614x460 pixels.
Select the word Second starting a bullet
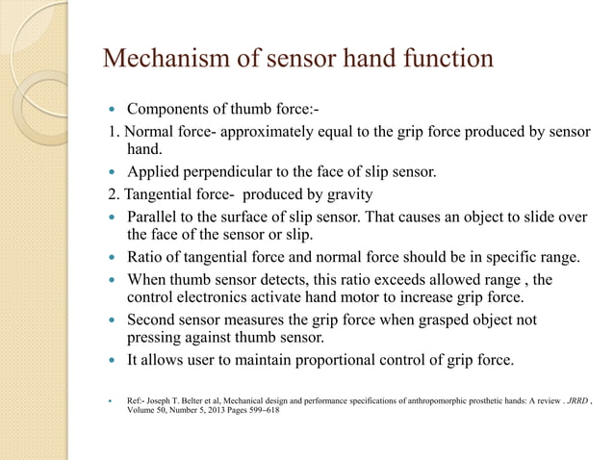[x=154, y=319]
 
